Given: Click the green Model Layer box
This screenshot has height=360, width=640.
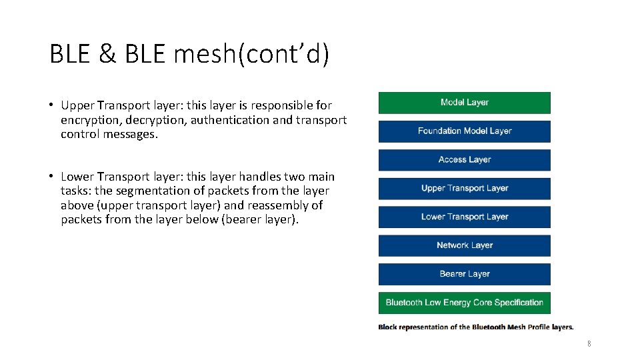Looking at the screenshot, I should (465, 103).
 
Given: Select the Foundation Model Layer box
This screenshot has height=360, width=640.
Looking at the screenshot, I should (465, 131).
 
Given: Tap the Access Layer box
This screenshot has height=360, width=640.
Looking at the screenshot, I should (465, 160).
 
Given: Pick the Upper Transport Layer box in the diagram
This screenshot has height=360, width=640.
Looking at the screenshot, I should (465, 189).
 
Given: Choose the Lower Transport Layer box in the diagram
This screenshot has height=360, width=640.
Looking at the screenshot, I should (465, 217).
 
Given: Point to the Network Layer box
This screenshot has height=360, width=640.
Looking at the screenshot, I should (465, 245).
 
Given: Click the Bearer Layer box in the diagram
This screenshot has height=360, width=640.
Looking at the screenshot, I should (465, 274).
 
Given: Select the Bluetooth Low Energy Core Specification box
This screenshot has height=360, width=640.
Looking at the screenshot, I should (465, 303).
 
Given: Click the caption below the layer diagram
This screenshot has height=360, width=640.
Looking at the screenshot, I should (475, 327).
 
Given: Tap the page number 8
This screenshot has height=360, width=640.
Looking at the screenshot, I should (589, 343).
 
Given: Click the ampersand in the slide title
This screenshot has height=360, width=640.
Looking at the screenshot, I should (107, 55).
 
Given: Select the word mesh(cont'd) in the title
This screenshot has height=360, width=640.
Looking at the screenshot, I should (251, 55).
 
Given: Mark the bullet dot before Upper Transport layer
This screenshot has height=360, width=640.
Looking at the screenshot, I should (51, 105).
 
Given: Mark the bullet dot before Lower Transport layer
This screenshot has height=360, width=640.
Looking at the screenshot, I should (51, 177).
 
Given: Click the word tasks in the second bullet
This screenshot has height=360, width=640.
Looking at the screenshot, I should (75, 191).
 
